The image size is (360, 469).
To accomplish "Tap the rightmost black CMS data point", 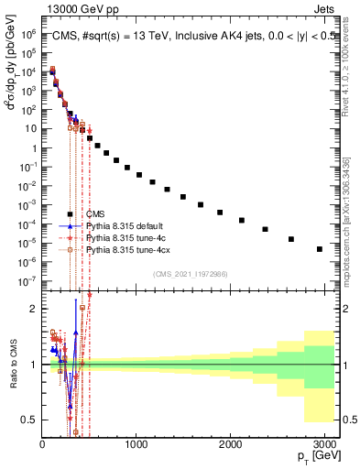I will click(x=319, y=248).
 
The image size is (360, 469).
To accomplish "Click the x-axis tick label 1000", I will click(x=136, y=444).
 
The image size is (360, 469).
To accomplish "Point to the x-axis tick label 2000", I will click(x=230, y=444).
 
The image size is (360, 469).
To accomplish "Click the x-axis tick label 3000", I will click(x=323, y=444).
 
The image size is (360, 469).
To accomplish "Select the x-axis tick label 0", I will click(x=42, y=444).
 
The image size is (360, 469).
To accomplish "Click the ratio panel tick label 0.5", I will click(x=28, y=420).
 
